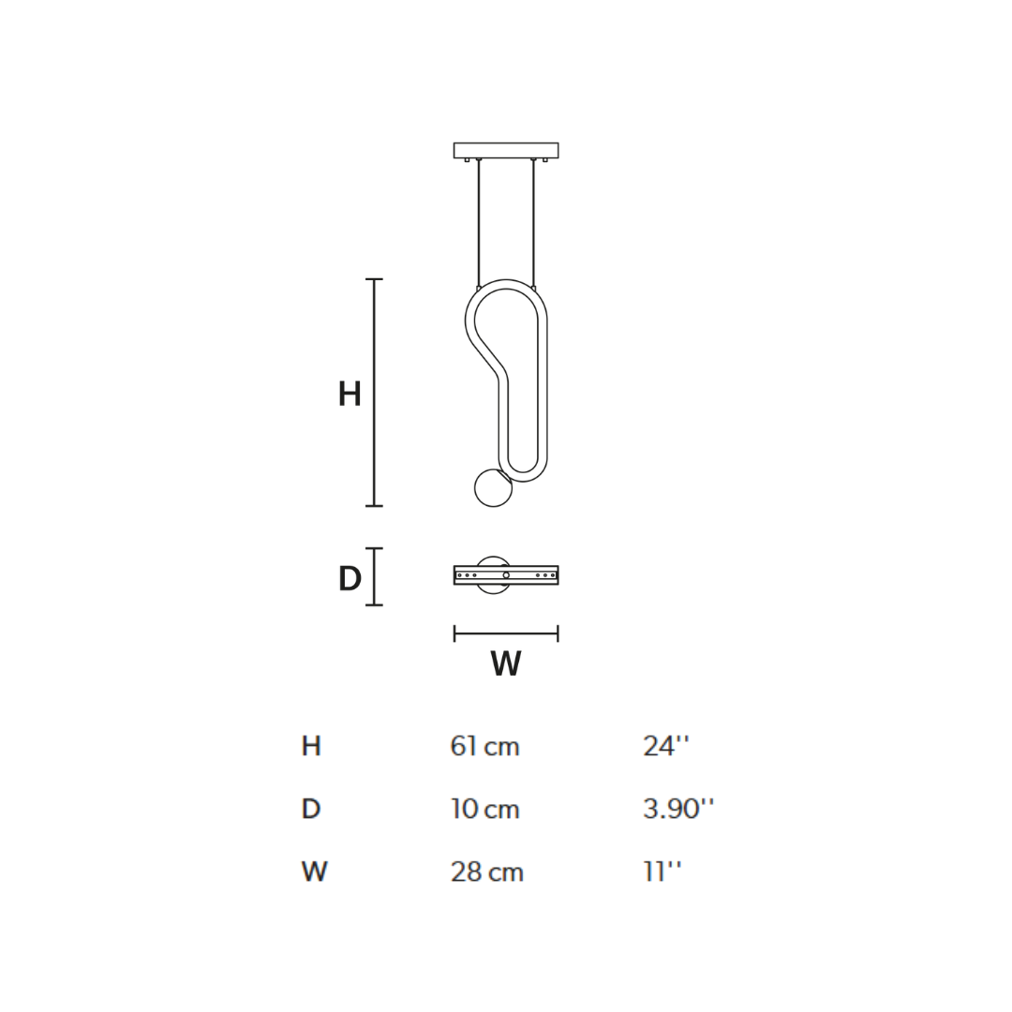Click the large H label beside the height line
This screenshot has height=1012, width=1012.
350,394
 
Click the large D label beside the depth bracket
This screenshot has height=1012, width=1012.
350,580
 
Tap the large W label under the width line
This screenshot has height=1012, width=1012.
506,664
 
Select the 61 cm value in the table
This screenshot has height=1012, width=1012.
484,747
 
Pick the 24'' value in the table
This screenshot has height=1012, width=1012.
665,747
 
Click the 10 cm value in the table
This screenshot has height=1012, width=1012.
484,810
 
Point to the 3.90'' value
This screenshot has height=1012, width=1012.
677,810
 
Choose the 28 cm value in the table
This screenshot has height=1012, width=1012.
486,872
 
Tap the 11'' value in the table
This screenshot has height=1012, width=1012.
662,872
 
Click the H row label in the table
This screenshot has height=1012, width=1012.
311,747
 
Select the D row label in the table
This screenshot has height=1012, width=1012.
311,810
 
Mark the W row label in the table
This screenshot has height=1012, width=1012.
314,872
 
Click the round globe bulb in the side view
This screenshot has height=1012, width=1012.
493,488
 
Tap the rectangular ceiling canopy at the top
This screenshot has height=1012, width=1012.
506,150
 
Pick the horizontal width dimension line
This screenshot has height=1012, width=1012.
506,633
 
